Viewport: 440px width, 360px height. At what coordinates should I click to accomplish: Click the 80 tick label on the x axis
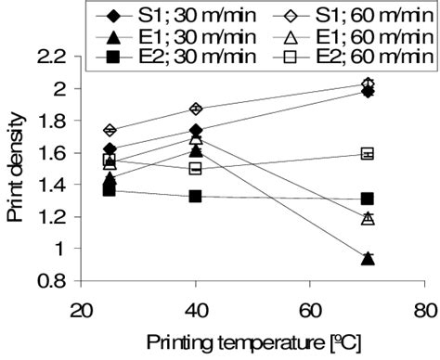[425, 309]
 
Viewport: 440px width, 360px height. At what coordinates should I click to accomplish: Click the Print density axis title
[19, 169]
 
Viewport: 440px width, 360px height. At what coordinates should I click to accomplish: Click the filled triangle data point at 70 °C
[368, 259]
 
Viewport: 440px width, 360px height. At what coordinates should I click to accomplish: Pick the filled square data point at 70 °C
[368, 199]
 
